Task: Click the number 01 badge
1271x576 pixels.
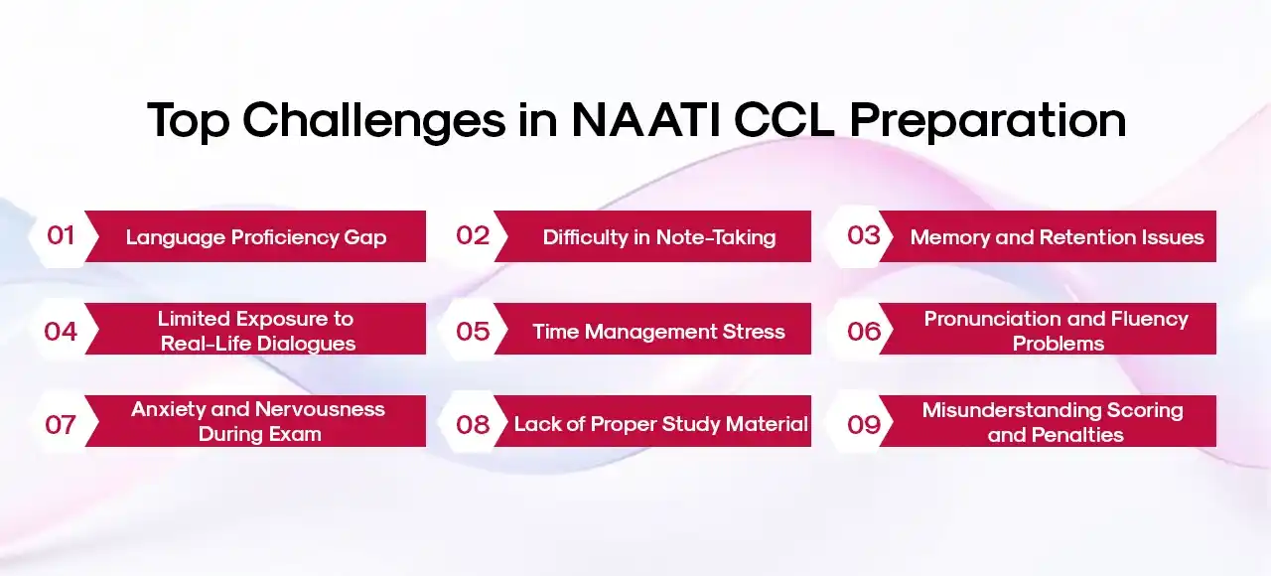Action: click(61, 235)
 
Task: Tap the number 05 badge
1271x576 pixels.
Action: click(473, 331)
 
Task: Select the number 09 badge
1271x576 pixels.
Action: click(864, 424)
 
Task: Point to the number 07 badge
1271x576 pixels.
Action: click(61, 424)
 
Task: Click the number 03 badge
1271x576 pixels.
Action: click(864, 235)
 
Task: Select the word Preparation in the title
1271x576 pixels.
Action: click(988, 121)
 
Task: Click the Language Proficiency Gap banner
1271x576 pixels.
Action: click(255, 237)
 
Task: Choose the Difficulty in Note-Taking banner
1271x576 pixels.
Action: click(658, 237)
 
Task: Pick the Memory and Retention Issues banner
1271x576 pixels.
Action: click(1057, 237)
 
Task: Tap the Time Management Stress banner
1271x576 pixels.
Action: click(658, 332)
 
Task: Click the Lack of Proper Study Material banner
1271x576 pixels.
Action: click(660, 424)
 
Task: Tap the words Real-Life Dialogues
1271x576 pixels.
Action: click(259, 344)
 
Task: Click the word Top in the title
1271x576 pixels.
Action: click(188, 121)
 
